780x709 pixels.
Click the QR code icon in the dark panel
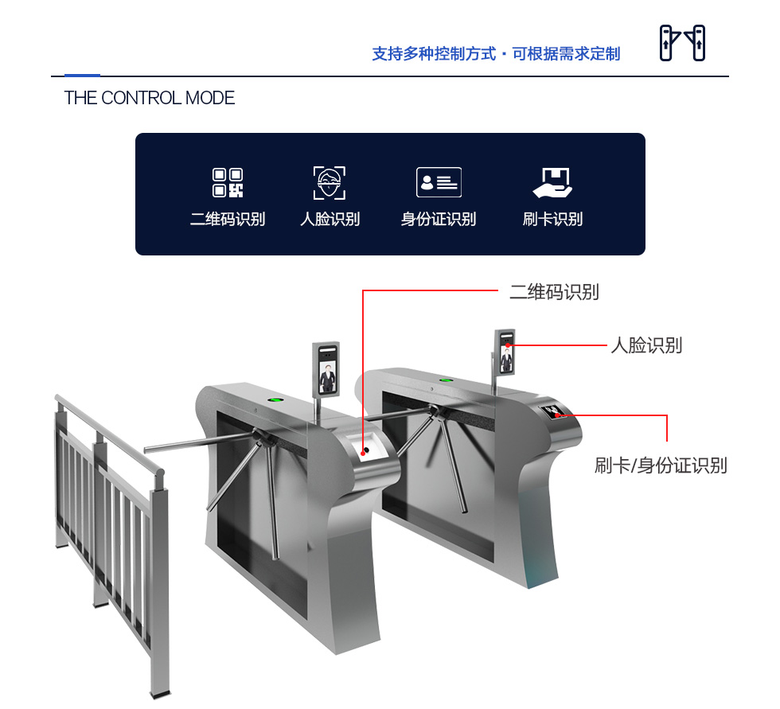click(x=228, y=182)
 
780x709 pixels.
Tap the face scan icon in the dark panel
click(x=330, y=182)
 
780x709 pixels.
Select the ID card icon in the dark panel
click(x=439, y=182)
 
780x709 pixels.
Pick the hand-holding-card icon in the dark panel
click(x=553, y=182)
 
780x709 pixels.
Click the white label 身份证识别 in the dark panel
click(x=439, y=219)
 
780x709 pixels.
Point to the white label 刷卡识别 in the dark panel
click(x=552, y=219)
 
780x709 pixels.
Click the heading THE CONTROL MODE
click(x=150, y=98)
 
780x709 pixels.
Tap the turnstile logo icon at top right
click(x=682, y=43)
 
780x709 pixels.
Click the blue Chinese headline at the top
click(x=496, y=53)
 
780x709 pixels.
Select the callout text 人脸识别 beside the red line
click(x=646, y=345)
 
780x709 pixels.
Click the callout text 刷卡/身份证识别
click(x=661, y=466)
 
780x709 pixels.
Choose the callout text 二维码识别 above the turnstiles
click(x=554, y=292)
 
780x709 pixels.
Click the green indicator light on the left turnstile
click(x=273, y=399)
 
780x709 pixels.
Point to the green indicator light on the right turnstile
click(x=446, y=380)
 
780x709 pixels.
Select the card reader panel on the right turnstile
click(x=552, y=411)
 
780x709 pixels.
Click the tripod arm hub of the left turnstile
click(x=262, y=437)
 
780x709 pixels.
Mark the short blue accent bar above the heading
click(x=82, y=76)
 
